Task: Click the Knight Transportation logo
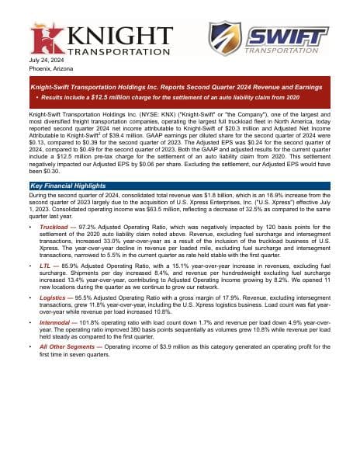point(102,40)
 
